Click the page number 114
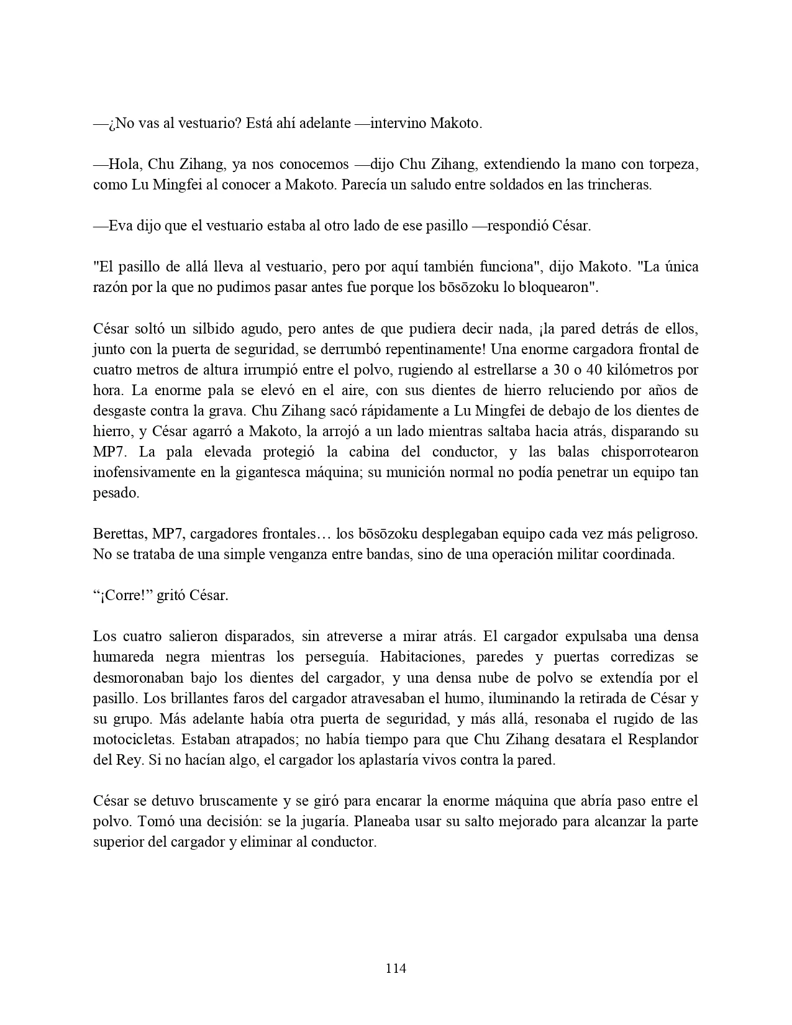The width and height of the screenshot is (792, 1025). [396, 968]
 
